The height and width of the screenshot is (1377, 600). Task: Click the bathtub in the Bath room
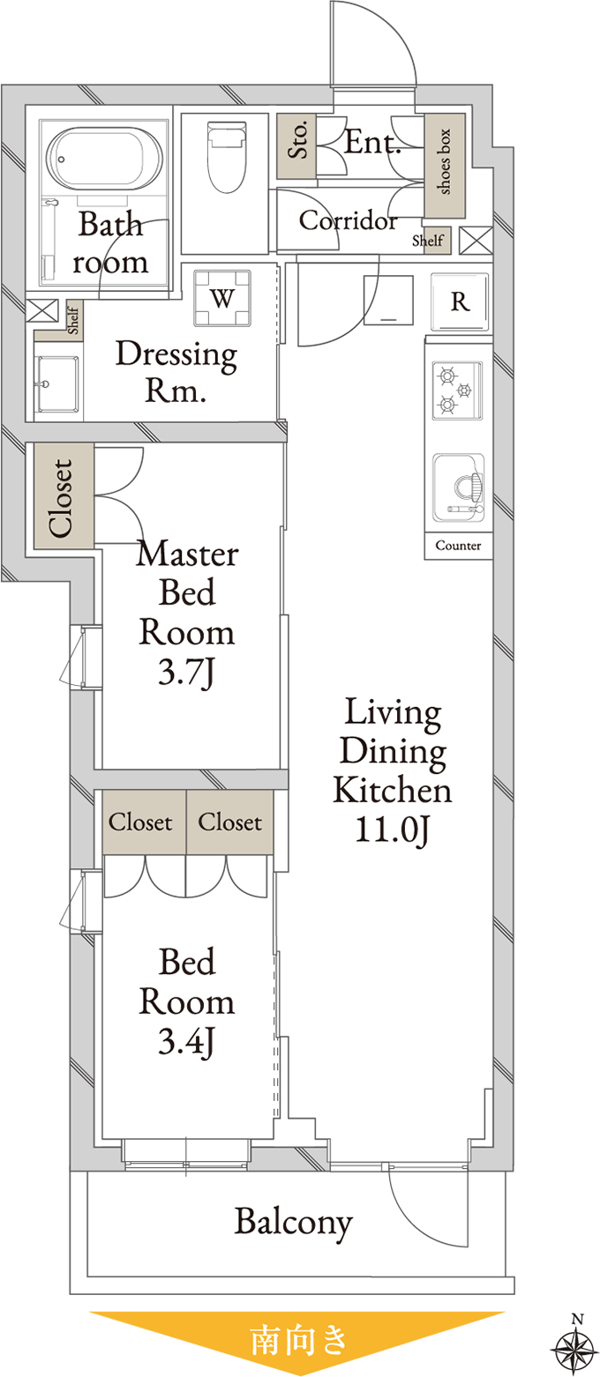(x=105, y=158)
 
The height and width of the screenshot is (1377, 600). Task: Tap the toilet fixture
(x=227, y=157)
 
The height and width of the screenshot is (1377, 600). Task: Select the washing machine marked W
(x=222, y=298)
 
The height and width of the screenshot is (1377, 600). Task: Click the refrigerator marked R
(x=460, y=301)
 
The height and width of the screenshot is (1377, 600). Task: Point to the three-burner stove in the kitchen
(x=456, y=391)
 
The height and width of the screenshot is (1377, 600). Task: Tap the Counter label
(x=459, y=546)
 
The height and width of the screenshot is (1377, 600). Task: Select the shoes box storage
(x=445, y=166)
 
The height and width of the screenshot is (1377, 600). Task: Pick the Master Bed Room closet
(x=64, y=495)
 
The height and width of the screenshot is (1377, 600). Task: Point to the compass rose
(x=574, y=1346)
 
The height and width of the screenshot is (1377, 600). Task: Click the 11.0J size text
(x=392, y=830)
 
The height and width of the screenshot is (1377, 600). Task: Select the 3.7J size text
(x=186, y=671)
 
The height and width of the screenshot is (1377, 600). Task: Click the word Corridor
(x=349, y=220)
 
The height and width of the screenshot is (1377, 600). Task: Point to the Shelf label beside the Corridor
(x=428, y=241)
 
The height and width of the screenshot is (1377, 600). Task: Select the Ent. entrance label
(x=371, y=142)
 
